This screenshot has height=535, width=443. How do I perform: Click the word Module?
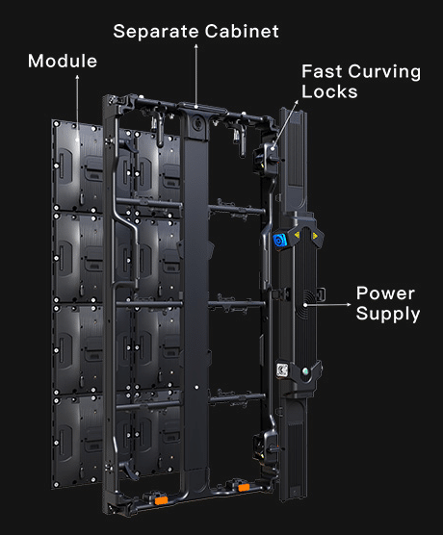click(x=63, y=62)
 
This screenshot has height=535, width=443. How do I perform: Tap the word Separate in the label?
click(x=156, y=32)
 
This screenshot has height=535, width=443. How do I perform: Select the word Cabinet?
click(x=242, y=31)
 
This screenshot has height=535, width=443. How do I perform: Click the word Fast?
click(x=322, y=71)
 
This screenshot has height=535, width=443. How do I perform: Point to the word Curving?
click(x=384, y=73)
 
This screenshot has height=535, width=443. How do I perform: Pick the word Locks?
click(x=329, y=91)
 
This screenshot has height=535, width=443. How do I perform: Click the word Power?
click(x=385, y=293)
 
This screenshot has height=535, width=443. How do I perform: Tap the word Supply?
click(x=388, y=315)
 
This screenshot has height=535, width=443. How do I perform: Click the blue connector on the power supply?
click(x=279, y=241)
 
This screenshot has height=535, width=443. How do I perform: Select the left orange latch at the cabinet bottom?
click(x=161, y=500)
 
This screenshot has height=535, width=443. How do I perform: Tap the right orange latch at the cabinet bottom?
click(x=244, y=488)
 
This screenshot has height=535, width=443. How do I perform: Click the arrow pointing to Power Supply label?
click(x=327, y=304)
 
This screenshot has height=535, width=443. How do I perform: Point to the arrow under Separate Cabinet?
click(x=196, y=76)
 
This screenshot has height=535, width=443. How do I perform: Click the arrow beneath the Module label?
click(x=77, y=108)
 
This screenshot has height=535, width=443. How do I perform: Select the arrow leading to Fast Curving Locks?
click(x=285, y=124)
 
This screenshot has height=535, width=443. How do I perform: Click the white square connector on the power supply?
click(x=282, y=370)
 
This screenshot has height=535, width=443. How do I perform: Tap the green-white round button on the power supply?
click(x=305, y=371)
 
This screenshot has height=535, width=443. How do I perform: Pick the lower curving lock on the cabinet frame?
click(x=265, y=446)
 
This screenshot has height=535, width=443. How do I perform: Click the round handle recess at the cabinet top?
click(x=196, y=123)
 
